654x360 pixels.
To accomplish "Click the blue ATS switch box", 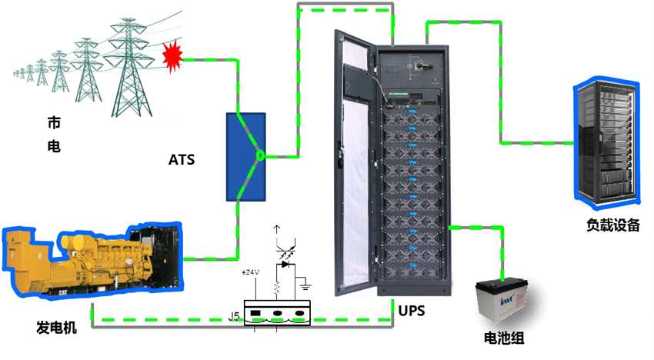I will click(245, 156).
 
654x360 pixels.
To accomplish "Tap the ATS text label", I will click(182, 161).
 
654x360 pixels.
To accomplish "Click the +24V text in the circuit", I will click(251, 273).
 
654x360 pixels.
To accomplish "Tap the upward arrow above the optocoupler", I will click(277, 230).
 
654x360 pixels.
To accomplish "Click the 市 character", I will click(54, 123).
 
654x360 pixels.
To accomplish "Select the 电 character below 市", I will click(54, 145).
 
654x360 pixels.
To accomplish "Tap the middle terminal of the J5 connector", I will click(277, 314).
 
